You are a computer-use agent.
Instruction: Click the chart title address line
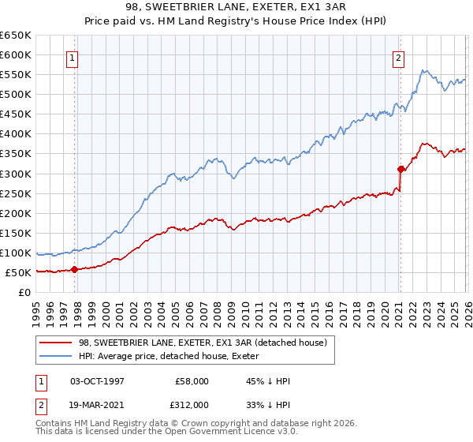236,7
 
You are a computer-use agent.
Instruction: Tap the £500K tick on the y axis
16,95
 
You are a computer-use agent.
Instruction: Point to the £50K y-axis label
18,273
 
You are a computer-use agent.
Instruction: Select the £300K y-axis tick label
16,174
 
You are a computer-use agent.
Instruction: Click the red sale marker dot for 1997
75,269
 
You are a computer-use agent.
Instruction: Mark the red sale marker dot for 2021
400,168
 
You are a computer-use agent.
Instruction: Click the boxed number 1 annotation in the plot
72,58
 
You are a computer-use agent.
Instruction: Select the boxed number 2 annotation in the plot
399,58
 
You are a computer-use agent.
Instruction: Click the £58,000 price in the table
189,381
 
